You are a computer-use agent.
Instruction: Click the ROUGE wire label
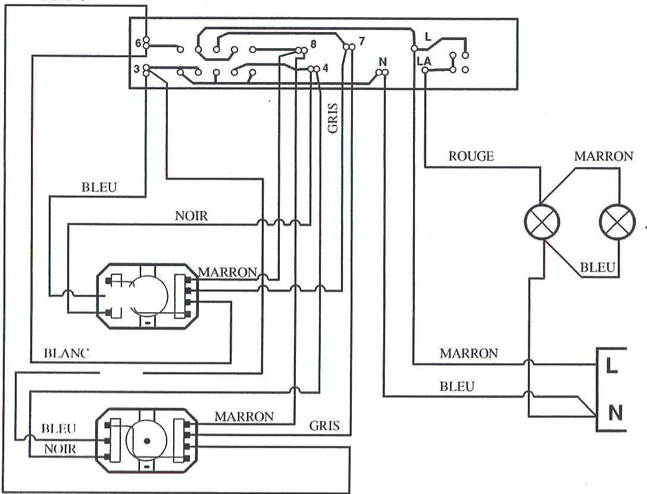tap(471, 156)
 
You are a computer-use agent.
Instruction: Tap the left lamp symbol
tap(542, 222)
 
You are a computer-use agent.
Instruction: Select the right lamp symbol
tap(617, 222)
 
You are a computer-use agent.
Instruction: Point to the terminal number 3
tap(136, 69)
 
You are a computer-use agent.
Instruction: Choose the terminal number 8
tap(313, 44)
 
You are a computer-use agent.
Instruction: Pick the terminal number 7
tap(361, 42)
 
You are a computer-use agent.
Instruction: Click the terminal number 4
tap(325, 68)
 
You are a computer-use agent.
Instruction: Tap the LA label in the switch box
tap(424, 62)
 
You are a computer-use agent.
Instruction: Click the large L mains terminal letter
tap(612, 366)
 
